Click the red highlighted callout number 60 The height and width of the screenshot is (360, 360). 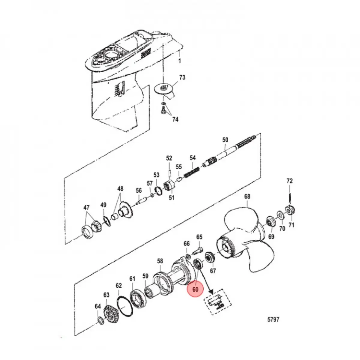click(x=195, y=295)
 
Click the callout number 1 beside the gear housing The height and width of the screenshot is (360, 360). click(x=179, y=61)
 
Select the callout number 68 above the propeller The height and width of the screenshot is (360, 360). click(x=247, y=196)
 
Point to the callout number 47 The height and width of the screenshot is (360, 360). click(x=86, y=208)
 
